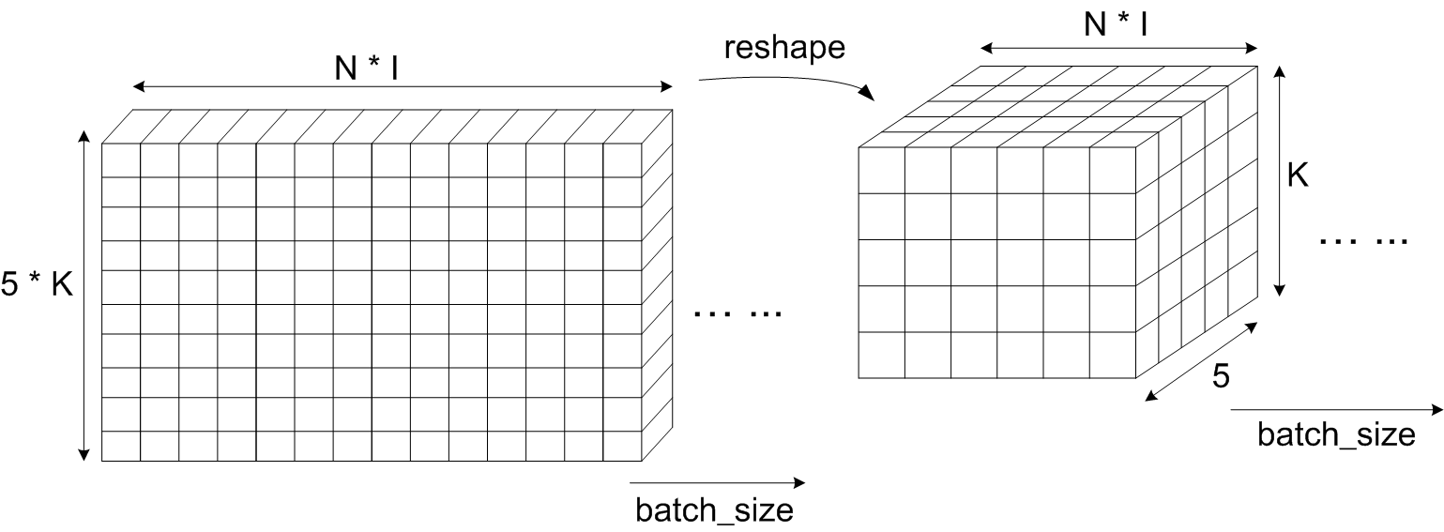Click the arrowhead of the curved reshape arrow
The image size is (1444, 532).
[x=868, y=94]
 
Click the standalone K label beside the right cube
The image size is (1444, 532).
[x=1298, y=175]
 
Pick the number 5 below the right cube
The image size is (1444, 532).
[x=1219, y=376]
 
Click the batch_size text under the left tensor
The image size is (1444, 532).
[x=714, y=510]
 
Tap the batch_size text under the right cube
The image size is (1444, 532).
[x=1335, y=435]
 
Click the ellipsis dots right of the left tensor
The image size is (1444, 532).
[x=737, y=313]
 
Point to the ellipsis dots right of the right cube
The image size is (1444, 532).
[x=1363, y=240]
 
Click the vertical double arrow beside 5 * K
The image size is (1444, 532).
[x=84, y=296]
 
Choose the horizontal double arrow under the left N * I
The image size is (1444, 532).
[x=403, y=87]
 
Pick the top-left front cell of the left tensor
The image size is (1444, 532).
[x=120, y=160]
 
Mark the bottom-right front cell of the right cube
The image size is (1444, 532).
[x=1112, y=355]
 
